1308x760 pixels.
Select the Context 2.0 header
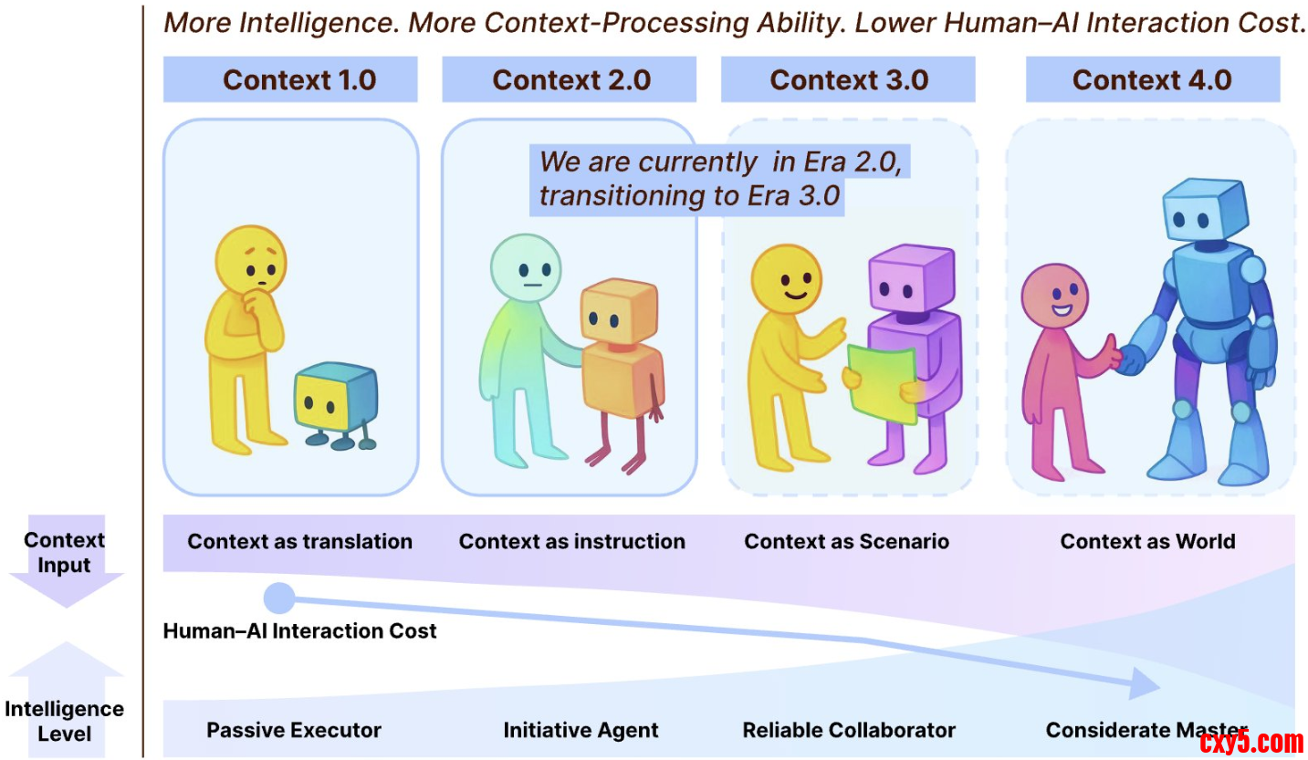[571, 79]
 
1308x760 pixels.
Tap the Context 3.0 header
[849, 79]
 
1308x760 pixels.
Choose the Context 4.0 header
[1152, 79]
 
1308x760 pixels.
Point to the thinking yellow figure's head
[251, 260]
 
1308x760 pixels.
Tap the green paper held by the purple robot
[882, 383]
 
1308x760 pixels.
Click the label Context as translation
[299, 541]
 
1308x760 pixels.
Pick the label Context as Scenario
[846, 541]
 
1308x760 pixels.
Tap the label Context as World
[1147, 541]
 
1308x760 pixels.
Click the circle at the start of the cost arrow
[278, 599]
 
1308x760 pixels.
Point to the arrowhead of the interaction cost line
[1145, 682]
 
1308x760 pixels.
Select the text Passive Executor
[294, 730]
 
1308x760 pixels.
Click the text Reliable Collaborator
[849, 730]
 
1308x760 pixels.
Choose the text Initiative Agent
[581, 730]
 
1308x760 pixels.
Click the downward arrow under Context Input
[65, 588]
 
